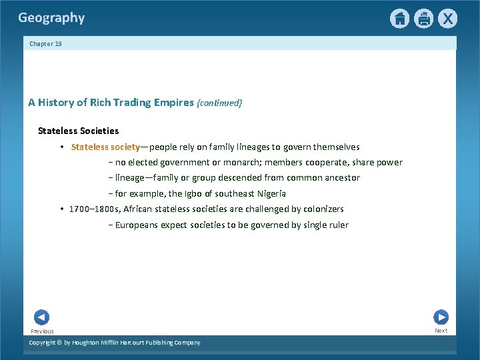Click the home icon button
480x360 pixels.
point(399,19)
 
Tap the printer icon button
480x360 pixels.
point(423,19)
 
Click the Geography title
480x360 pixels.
point(51,18)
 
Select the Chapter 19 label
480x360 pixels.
point(45,44)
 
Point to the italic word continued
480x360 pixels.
point(220,103)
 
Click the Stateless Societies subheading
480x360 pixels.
point(78,131)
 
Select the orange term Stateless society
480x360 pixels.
point(105,147)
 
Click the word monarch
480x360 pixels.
point(241,163)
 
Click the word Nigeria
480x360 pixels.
point(269,194)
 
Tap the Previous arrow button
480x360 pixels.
point(41,318)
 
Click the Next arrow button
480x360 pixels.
point(441,317)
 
